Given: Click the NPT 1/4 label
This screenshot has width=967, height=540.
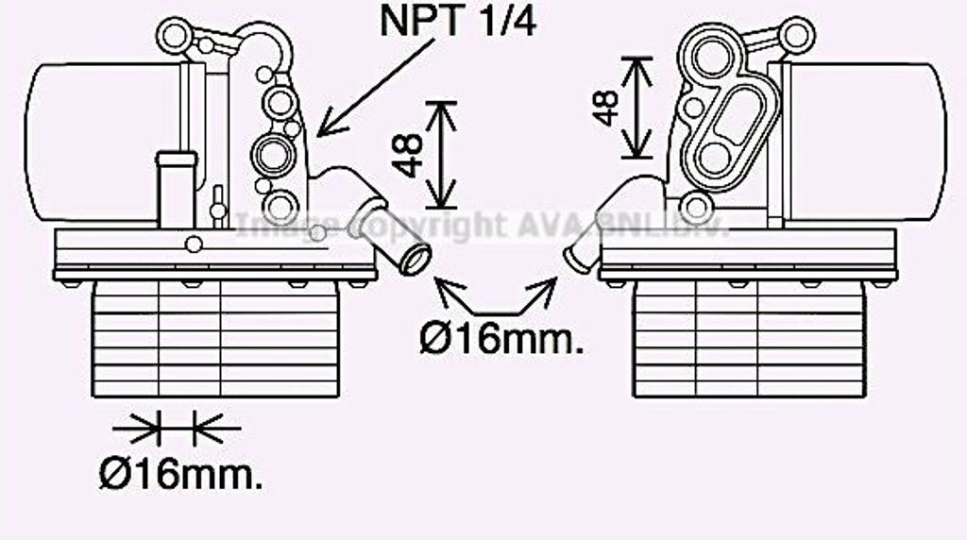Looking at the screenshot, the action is pos(458,21).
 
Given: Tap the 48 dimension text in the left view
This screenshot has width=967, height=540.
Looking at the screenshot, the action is pos(407,156).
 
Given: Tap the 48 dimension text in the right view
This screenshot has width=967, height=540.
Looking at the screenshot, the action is pos(605,108).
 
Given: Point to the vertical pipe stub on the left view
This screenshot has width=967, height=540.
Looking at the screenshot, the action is pos(177,189).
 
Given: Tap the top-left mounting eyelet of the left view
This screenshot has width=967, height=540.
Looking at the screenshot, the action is pos(174,36).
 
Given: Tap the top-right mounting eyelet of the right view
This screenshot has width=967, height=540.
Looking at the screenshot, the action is pos(798,36).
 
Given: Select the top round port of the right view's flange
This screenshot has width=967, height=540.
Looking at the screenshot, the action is pos(712,57).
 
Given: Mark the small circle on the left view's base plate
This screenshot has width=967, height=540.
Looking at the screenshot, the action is pos(194,245).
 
